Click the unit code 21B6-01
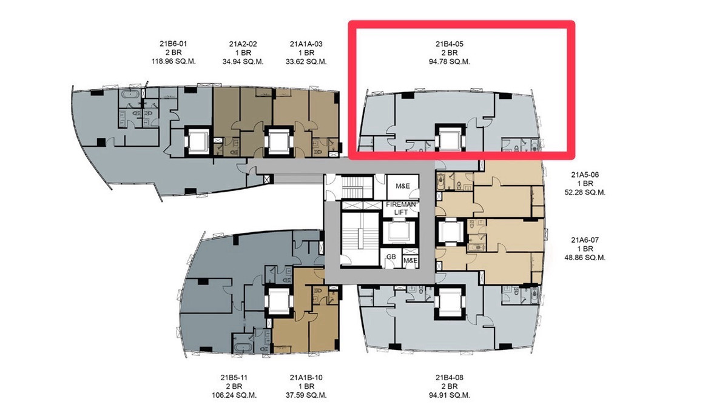click(x=174, y=44)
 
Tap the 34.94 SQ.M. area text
click(x=243, y=62)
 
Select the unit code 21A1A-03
click(x=306, y=44)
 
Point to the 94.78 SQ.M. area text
click(x=450, y=62)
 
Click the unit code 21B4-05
click(x=450, y=44)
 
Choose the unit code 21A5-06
click(x=585, y=175)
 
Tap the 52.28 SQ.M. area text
click(x=585, y=193)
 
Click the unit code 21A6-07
click(x=585, y=240)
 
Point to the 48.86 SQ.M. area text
click(x=585, y=258)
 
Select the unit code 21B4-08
click(x=450, y=378)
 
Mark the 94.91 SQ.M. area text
click(x=450, y=395)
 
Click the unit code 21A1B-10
click(x=306, y=378)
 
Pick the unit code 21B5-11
click(x=234, y=378)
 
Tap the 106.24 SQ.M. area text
click(x=234, y=395)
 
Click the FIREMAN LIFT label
click(x=401, y=209)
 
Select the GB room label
click(x=391, y=257)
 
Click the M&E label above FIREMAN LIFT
click(x=403, y=186)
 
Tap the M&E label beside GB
click(x=411, y=260)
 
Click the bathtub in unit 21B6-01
click(x=130, y=95)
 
